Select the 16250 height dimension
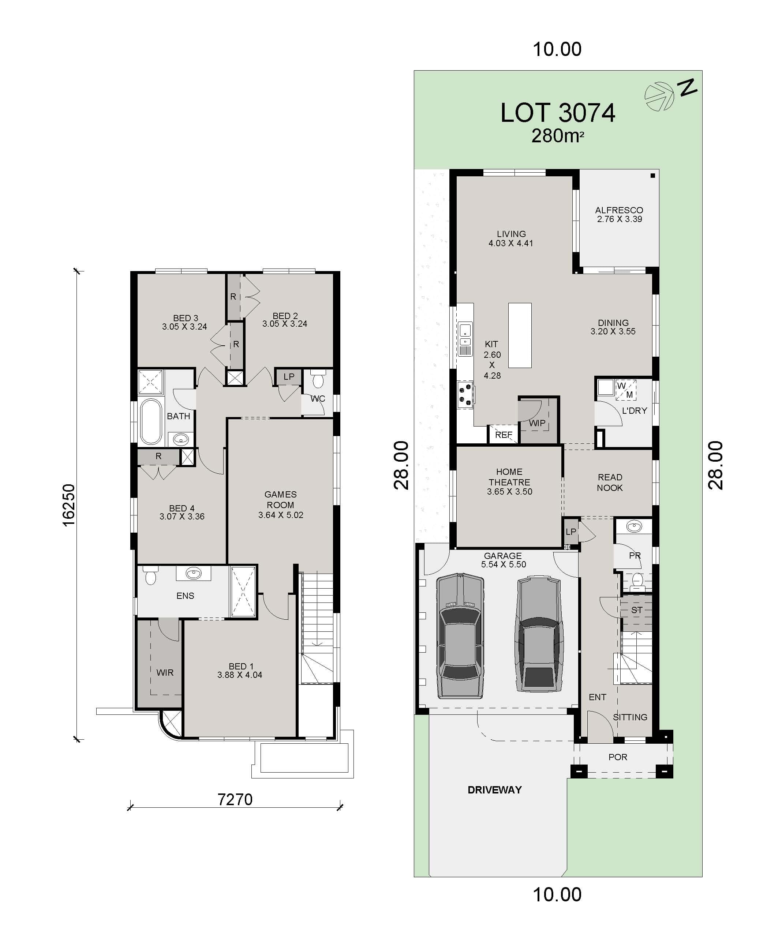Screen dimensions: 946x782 68,505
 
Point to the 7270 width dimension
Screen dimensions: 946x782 235,799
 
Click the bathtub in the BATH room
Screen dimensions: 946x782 151,421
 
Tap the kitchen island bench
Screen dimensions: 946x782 520,335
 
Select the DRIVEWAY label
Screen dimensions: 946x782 495,790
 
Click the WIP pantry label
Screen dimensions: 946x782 537,423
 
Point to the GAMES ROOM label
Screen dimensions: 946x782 280,504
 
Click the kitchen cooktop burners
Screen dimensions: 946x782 465,394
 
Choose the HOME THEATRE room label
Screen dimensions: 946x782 509,482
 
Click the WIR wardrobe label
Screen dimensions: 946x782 165,672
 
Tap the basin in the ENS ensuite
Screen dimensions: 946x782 194,574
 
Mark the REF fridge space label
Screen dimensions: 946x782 503,435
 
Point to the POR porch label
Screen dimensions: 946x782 618,757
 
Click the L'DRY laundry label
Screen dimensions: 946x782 634,411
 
